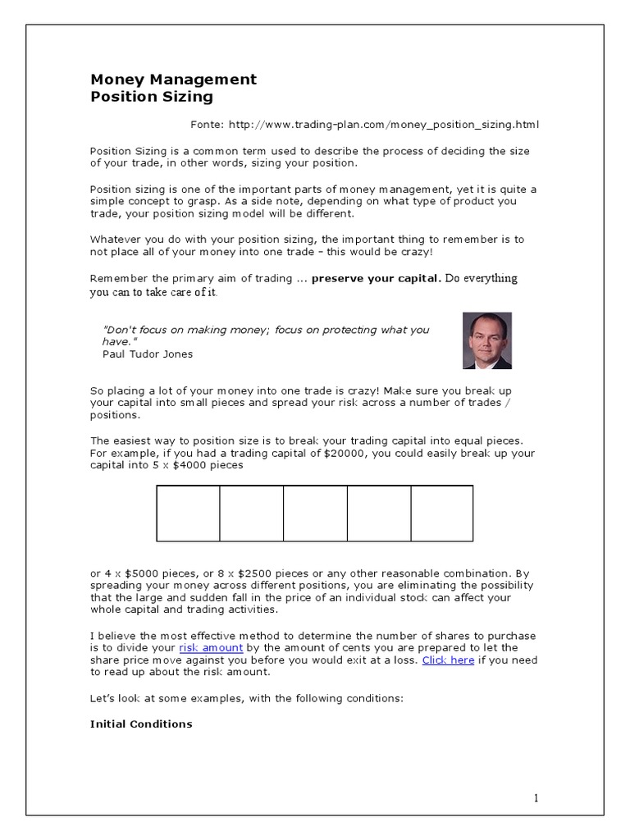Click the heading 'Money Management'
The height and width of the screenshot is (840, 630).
[173, 80]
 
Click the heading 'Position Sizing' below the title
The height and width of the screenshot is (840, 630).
[151, 97]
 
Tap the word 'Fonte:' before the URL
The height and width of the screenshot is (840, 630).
[208, 125]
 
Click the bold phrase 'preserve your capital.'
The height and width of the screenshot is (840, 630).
[376, 278]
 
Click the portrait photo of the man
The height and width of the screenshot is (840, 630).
[486, 340]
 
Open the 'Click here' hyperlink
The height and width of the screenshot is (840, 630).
[448, 660]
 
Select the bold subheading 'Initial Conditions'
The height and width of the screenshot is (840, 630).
[141, 724]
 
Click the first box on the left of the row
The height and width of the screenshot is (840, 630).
[188, 514]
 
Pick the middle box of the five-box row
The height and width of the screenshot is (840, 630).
[315, 514]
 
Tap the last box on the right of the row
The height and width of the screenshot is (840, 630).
[441, 514]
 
